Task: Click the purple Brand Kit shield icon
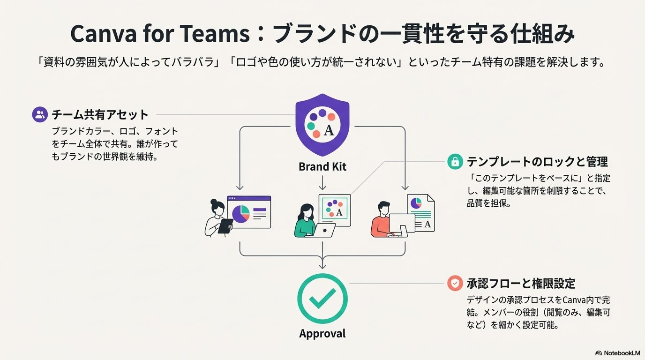(x=322, y=124)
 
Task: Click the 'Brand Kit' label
(x=322, y=166)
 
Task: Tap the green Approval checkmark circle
(x=322, y=299)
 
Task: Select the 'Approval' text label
(x=322, y=334)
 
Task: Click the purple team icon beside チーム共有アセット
(x=40, y=114)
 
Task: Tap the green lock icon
(x=454, y=162)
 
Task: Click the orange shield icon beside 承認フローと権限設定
(x=454, y=283)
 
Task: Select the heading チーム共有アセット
(x=100, y=114)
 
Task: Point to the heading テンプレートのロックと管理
(x=537, y=162)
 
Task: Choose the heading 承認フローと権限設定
(x=520, y=283)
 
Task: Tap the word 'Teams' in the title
(x=224, y=34)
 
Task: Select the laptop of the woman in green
(x=324, y=230)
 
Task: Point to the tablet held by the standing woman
(x=226, y=226)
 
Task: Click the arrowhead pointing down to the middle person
(x=322, y=187)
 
